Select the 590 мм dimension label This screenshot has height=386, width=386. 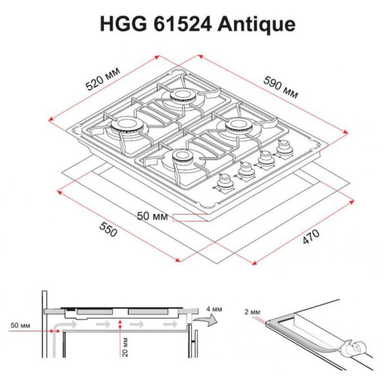281,87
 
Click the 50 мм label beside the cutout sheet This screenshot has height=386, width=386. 152,217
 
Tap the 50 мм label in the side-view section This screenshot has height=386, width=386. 19,325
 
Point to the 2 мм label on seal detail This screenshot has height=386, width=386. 252,312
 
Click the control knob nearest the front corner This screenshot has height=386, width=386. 224,181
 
